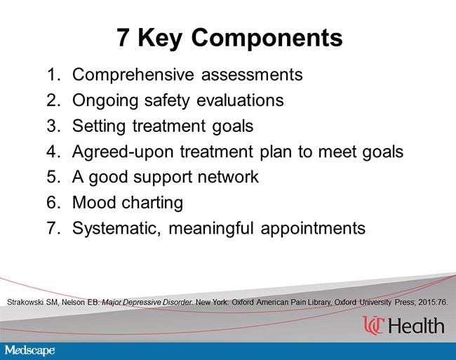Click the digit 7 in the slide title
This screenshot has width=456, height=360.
click(x=123, y=37)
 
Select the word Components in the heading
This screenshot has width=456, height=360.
click(x=267, y=39)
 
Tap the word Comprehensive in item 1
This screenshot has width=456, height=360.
click(x=133, y=75)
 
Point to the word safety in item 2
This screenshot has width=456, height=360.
click(x=167, y=101)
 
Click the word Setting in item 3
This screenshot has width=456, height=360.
click(x=99, y=126)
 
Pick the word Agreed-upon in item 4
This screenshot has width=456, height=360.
click(x=123, y=152)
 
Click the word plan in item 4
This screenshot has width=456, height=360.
click(x=276, y=152)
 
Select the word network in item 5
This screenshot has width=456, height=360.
click(x=228, y=177)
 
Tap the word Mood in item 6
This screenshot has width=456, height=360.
click(x=94, y=202)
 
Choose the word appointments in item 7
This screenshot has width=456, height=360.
click(x=313, y=229)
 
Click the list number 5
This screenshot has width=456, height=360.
click(x=53, y=177)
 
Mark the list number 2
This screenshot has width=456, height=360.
click(x=53, y=100)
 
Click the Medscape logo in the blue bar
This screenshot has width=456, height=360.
click(x=29, y=350)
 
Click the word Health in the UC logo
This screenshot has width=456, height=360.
click(x=417, y=326)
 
